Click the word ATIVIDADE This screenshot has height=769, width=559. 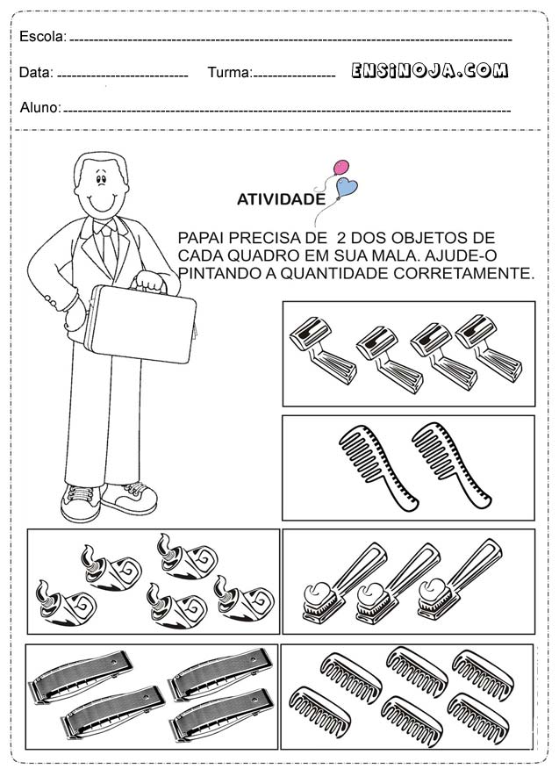[281, 199]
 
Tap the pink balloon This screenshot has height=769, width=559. [341, 168]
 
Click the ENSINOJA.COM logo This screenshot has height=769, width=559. [429, 70]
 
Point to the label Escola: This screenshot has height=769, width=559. [43, 36]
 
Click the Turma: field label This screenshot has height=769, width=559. [230, 73]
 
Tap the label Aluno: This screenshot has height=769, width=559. [40, 107]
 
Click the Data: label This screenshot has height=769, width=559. [36, 73]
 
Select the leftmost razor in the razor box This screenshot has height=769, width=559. [322, 350]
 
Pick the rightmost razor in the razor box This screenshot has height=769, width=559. [489, 348]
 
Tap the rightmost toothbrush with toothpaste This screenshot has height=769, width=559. [460, 579]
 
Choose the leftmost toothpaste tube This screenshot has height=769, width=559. [65, 604]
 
